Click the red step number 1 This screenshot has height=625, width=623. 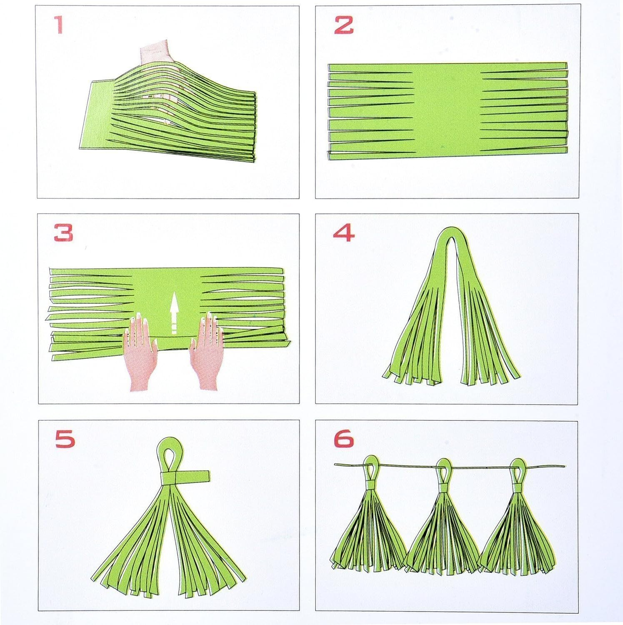click(60, 25)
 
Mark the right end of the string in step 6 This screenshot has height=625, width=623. click(563, 466)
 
